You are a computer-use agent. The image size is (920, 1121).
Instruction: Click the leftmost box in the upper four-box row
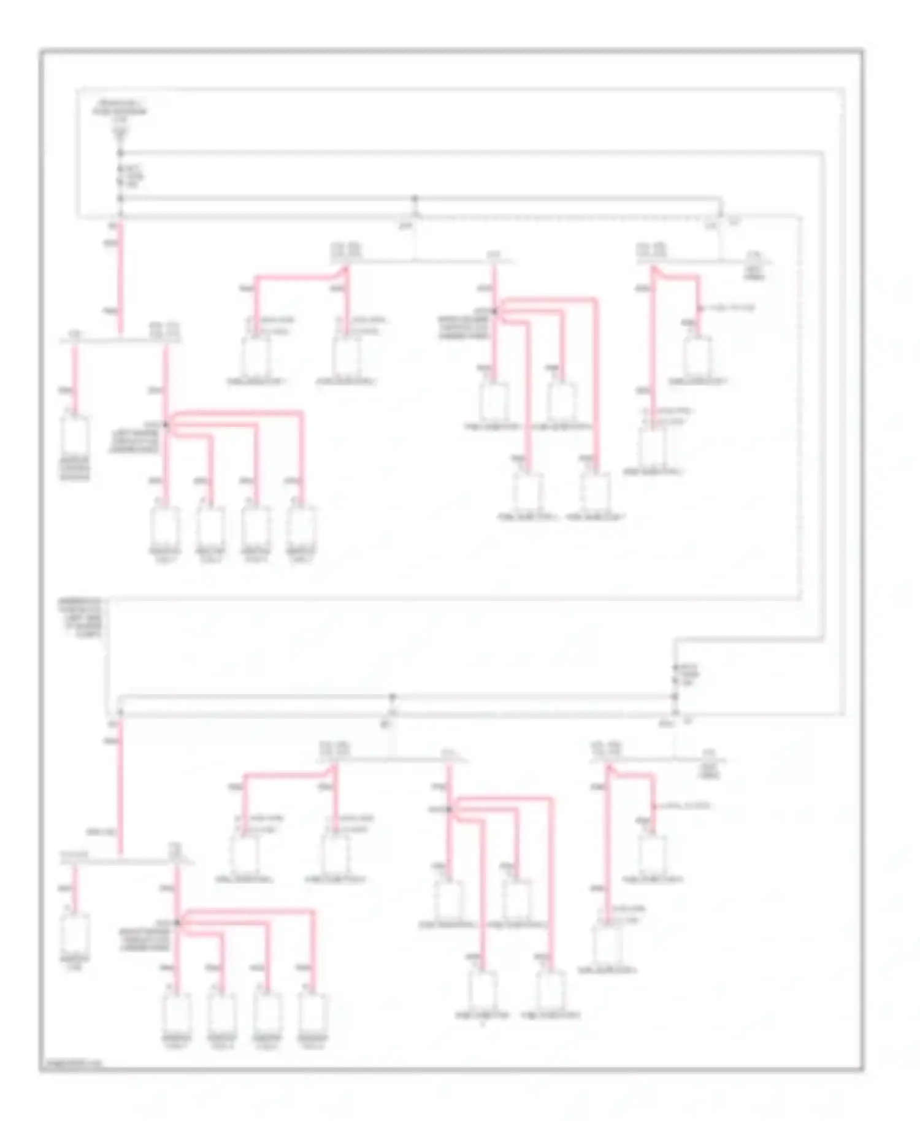coord(165,527)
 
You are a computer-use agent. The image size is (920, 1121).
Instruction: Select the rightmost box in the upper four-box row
coord(302,527)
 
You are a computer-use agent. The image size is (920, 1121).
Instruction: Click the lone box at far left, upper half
coord(75,436)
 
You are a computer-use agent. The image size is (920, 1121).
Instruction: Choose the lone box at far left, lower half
coord(75,933)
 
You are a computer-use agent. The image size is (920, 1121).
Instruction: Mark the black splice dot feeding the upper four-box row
coord(166,424)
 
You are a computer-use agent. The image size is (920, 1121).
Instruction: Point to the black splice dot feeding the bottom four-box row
coord(177,922)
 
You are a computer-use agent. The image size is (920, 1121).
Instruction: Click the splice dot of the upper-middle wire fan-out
coord(495,312)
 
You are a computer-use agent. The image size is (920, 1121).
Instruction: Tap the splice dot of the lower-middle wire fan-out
coord(450,809)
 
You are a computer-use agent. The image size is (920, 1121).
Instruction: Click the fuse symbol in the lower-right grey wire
coord(675,674)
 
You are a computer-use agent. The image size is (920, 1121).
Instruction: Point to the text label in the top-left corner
coord(120,109)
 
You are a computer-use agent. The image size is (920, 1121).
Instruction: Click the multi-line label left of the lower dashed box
coord(80,618)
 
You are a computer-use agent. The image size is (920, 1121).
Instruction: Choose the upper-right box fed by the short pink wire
coord(698,356)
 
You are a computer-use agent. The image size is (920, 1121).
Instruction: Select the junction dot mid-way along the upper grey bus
coord(415,199)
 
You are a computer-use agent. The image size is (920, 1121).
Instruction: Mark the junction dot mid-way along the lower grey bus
coord(393,697)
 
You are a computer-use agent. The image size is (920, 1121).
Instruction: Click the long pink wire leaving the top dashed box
coord(120,279)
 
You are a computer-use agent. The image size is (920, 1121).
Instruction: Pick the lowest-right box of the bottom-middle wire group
coord(551,989)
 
